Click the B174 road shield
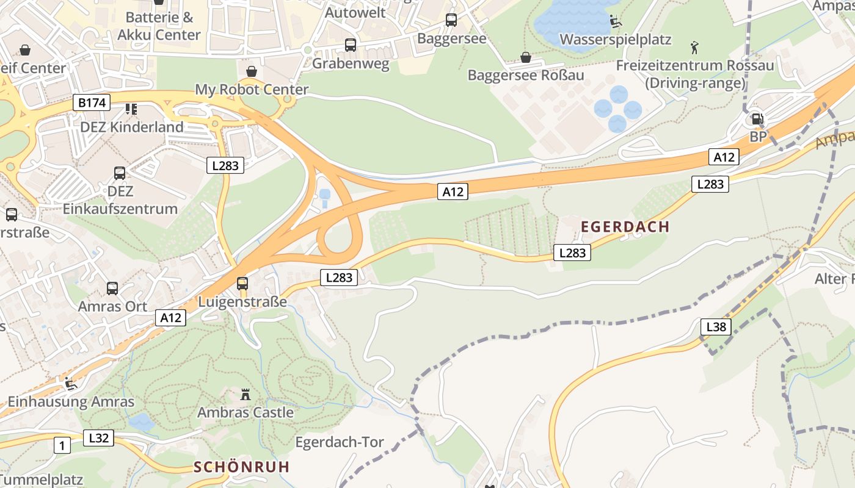point(92,102)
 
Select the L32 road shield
point(98,437)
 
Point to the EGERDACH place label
point(625,227)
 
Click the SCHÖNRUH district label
point(241,467)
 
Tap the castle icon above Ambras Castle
point(246,395)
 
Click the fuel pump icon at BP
point(757,119)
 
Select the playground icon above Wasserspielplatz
point(616,22)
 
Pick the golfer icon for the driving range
point(694,48)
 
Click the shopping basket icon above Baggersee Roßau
point(525,57)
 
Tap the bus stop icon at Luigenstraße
point(242,283)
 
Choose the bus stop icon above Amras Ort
point(112,288)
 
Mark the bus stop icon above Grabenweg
point(351,45)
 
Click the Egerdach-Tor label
point(340,442)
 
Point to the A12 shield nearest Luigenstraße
point(171,317)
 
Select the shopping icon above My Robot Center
point(251,71)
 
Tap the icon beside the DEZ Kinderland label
point(131,109)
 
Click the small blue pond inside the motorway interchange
point(324,195)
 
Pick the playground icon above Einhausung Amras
point(71,384)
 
